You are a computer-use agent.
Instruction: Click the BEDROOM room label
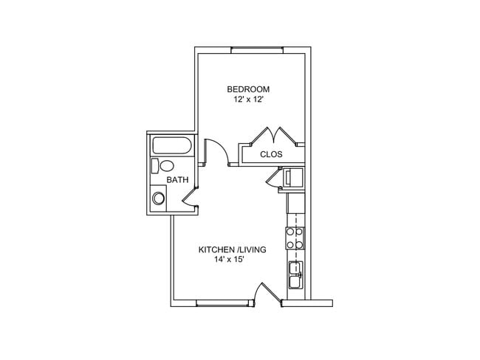tap(248, 89)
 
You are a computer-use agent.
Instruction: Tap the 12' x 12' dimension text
tap(248, 100)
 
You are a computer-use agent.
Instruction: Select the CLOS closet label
tap(271, 154)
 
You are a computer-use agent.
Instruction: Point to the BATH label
tap(177, 180)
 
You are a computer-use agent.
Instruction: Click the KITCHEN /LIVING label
tap(233, 249)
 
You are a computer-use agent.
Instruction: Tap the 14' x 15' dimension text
tap(229, 260)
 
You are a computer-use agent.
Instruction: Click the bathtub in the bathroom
tap(172, 145)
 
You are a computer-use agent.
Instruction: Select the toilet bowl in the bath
tap(167, 166)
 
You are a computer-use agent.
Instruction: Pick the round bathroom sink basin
tap(159, 198)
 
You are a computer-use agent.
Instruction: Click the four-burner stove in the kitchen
tap(295, 238)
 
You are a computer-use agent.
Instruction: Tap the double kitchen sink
tap(295, 275)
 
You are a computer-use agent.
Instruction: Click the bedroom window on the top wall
tap(257, 50)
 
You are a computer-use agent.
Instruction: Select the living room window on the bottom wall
tap(222, 303)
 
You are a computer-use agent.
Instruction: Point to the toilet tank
tap(155, 166)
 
